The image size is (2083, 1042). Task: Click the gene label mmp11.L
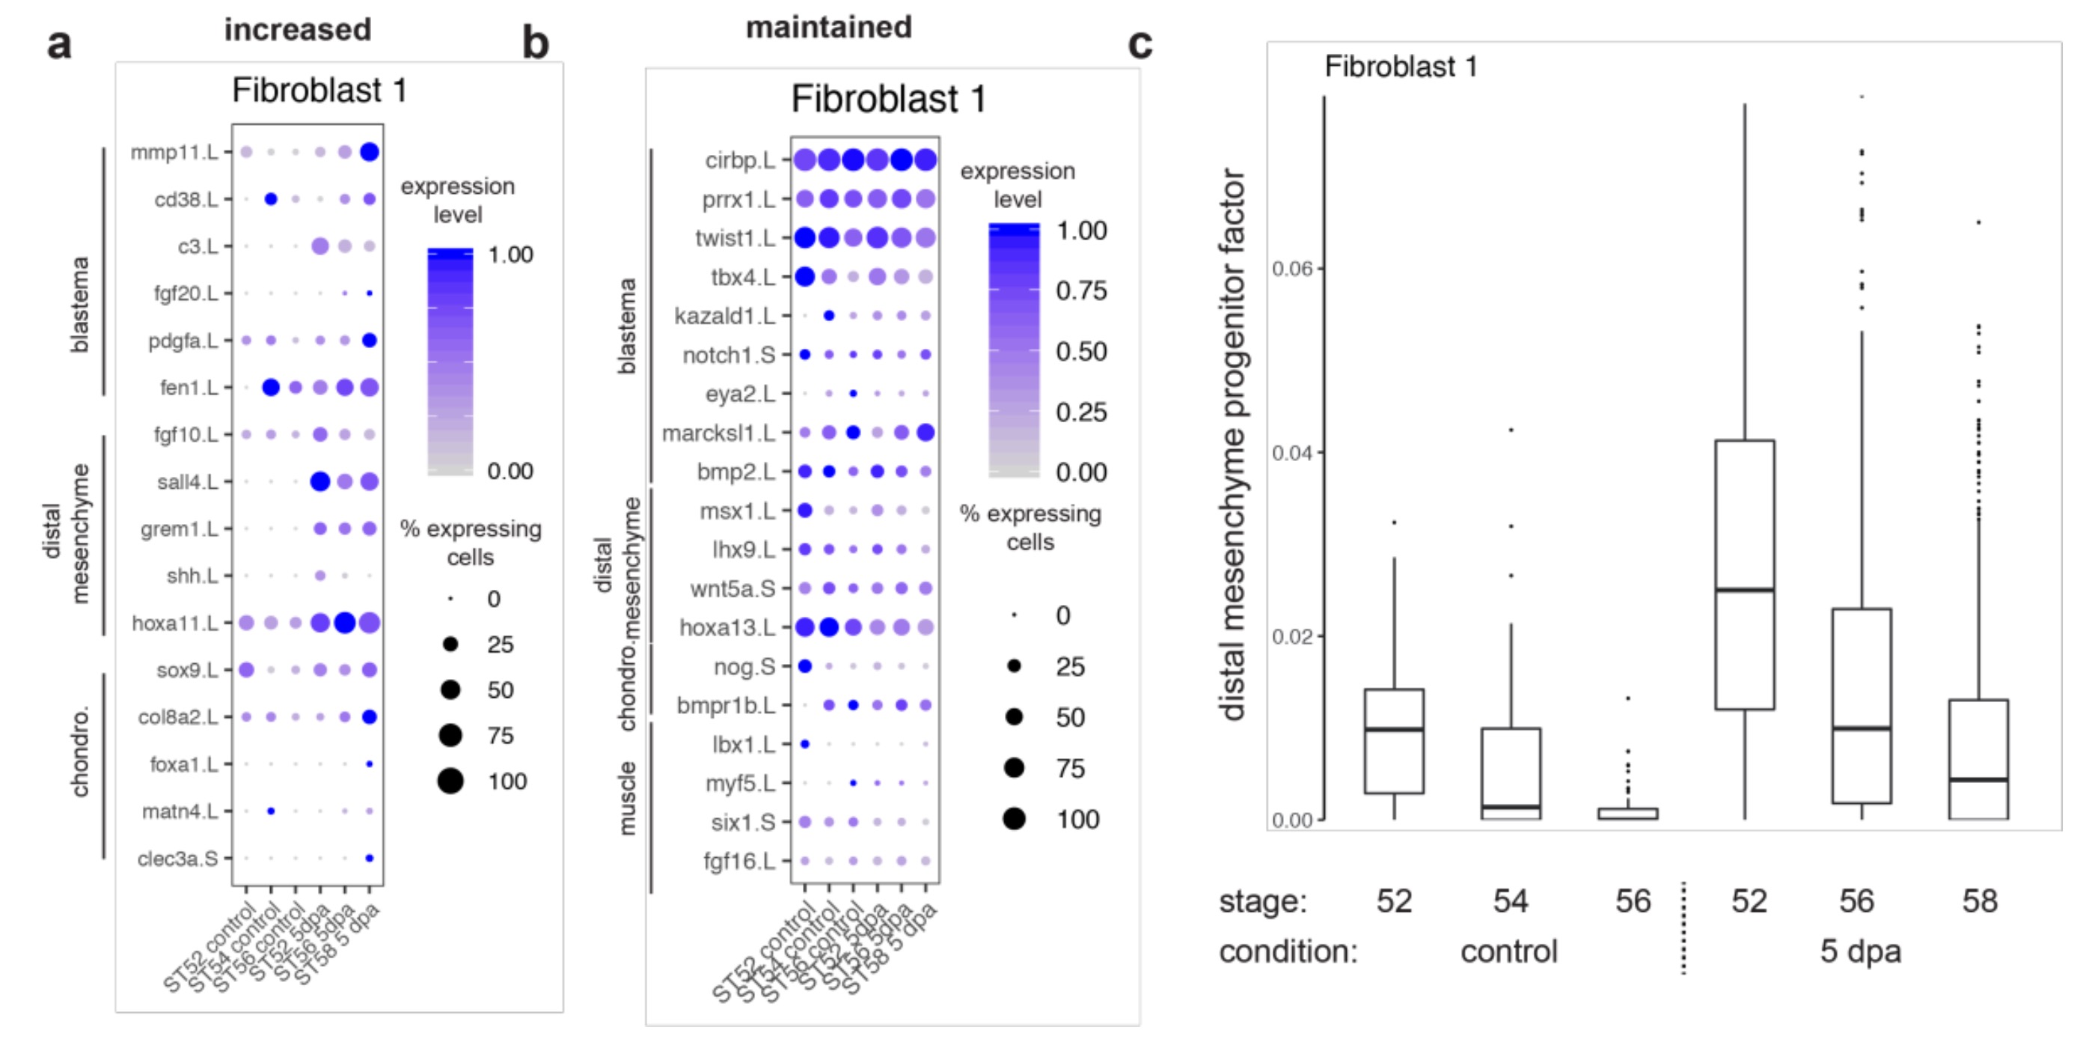point(174,152)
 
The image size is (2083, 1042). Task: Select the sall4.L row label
point(187,482)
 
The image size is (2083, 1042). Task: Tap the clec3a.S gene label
point(177,859)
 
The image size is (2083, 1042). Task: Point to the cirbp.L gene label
point(739,160)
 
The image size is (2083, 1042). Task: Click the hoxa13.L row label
point(727,627)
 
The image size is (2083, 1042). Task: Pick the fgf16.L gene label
point(738,861)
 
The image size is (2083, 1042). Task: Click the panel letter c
point(1140,44)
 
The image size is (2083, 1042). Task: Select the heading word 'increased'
point(298,30)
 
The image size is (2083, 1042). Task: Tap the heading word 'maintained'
point(828,28)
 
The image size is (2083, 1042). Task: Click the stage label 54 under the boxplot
point(1510,901)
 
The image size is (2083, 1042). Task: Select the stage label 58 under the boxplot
point(1979,901)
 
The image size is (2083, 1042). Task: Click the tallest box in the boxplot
point(1744,574)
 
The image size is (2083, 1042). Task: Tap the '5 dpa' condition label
point(1860,951)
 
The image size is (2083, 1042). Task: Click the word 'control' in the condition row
point(1508,951)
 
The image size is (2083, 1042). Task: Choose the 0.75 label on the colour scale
point(1081,290)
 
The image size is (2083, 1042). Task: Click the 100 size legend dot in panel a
point(450,781)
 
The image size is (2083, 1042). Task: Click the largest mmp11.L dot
point(370,152)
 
